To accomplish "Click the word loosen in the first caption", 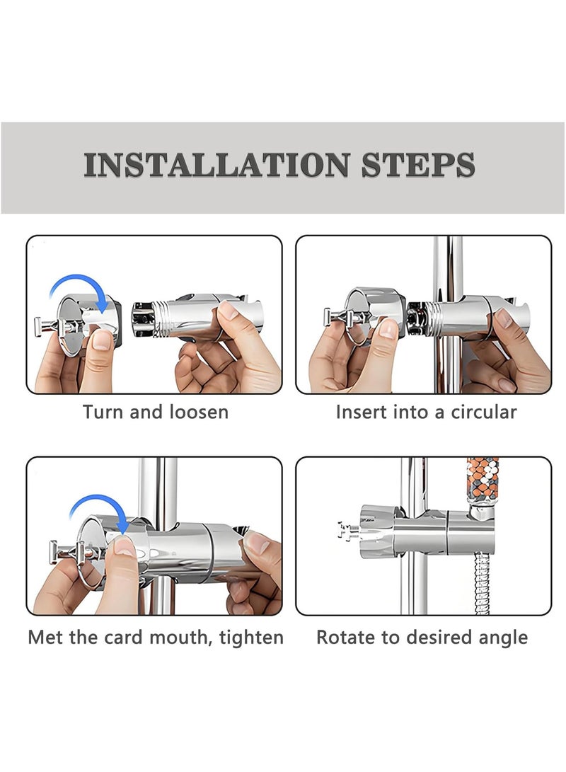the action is pos(199,412).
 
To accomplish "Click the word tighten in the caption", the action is pos(251,638).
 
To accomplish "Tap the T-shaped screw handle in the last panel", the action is pos(349,531).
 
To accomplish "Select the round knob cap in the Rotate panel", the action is pos(377,531).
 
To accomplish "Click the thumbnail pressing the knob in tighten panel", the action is pos(124,546).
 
